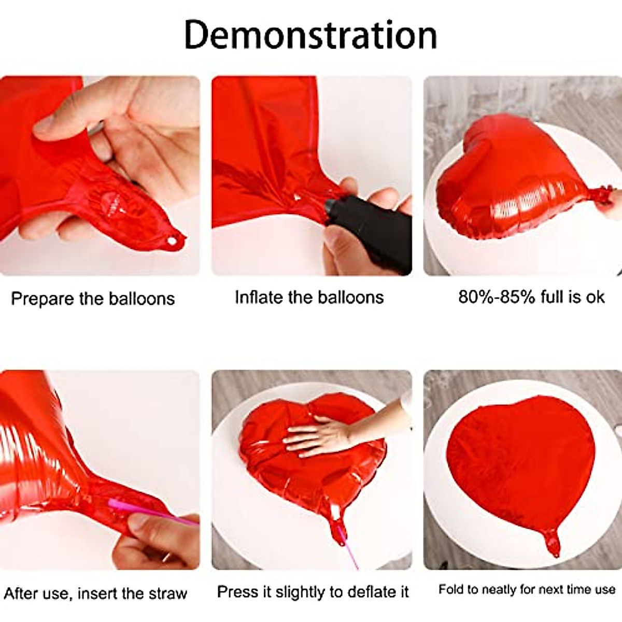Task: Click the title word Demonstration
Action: [310, 35]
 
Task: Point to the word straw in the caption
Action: [167, 593]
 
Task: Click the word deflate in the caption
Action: [366, 591]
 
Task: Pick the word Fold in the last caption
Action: [450, 589]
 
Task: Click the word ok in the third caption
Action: [595, 296]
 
